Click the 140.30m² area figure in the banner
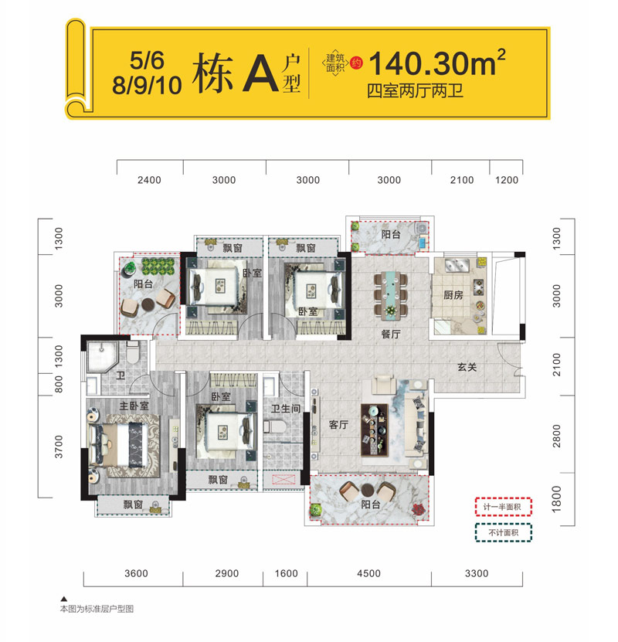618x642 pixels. click(437, 63)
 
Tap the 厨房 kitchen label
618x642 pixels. click(453, 295)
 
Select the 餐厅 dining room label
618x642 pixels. click(390, 334)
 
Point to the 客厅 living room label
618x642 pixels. click(338, 425)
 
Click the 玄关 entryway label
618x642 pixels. click(467, 367)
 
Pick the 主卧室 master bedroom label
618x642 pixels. click(134, 406)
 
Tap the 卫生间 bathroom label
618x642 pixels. click(286, 408)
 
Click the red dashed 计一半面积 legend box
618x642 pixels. click(504, 507)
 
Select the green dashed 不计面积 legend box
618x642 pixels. click(504, 532)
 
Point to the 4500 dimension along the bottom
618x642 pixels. click(368, 573)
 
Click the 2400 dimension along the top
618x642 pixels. click(149, 180)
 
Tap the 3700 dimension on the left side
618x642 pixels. click(59, 447)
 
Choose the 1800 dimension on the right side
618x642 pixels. click(556, 499)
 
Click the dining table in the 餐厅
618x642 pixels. click(391, 295)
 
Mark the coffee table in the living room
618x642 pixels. click(374, 430)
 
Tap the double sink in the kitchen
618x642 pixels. click(457, 265)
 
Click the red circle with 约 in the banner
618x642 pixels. click(356, 63)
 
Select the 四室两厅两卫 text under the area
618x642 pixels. click(415, 91)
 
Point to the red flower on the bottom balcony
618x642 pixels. click(418, 510)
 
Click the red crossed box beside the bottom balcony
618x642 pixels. click(284, 480)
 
